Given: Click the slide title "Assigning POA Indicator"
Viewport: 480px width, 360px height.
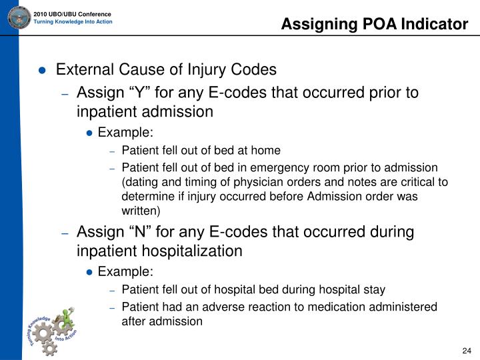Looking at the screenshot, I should coord(374,25).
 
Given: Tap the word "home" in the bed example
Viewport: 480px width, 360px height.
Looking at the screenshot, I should coord(267,151).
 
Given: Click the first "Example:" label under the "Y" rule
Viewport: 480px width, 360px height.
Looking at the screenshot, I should coord(125,132).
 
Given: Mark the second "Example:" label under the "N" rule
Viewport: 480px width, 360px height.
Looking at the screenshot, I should coord(125,271).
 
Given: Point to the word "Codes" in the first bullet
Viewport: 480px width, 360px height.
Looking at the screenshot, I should coord(254,69).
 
